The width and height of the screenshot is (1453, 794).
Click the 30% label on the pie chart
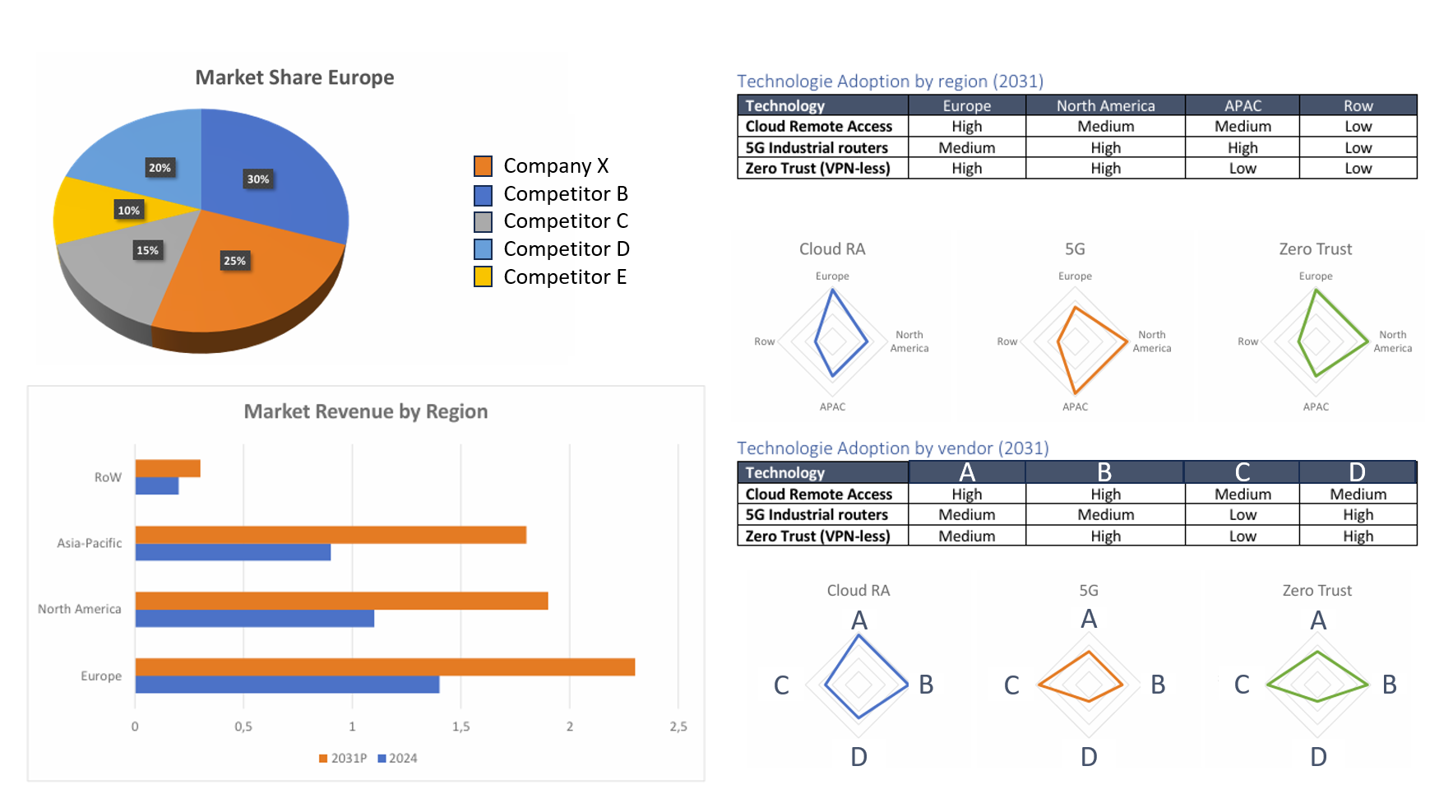click(258, 179)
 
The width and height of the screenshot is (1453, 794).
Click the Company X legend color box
click(484, 166)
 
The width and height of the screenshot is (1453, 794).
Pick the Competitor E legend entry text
click(565, 277)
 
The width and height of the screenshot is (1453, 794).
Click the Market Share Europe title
click(294, 77)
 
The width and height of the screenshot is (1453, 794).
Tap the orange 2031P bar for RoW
click(168, 468)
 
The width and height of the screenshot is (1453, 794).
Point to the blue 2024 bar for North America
click(255, 618)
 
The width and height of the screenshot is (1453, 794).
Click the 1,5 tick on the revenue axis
click(460, 727)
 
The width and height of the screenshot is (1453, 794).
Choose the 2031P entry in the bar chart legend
click(344, 759)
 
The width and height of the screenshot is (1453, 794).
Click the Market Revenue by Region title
click(366, 411)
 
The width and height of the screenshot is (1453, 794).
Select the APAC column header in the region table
click(1242, 105)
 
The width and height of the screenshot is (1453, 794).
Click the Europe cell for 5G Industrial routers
click(967, 147)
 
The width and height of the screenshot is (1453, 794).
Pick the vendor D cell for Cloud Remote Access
click(1358, 494)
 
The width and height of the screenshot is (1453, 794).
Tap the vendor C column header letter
click(1242, 472)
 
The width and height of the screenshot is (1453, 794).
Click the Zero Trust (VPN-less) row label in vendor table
click(817, 536)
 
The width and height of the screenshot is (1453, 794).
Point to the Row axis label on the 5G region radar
click(1007, 341)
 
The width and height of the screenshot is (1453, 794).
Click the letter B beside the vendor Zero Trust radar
click(1389, 685)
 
